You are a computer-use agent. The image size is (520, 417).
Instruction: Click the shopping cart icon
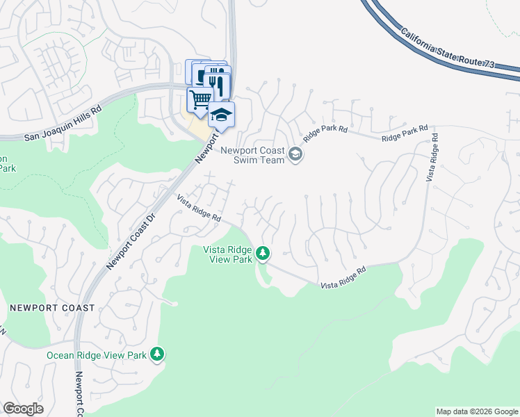point(200,99)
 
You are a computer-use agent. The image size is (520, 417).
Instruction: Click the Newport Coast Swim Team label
point(253,155)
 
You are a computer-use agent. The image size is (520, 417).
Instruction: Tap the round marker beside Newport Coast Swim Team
point(295,154)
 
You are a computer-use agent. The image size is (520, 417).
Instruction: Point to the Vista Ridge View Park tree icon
point(263,254)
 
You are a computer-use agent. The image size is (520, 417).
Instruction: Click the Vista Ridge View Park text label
point(227,254)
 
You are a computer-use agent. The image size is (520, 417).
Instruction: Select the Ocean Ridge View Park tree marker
point(158,355)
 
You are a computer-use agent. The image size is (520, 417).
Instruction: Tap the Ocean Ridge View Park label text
point(97,355)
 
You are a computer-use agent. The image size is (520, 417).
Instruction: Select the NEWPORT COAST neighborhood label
point(52,308)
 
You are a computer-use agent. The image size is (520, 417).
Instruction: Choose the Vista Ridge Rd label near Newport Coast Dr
point(199,208)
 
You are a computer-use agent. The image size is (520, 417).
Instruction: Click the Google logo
point(23,409)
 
